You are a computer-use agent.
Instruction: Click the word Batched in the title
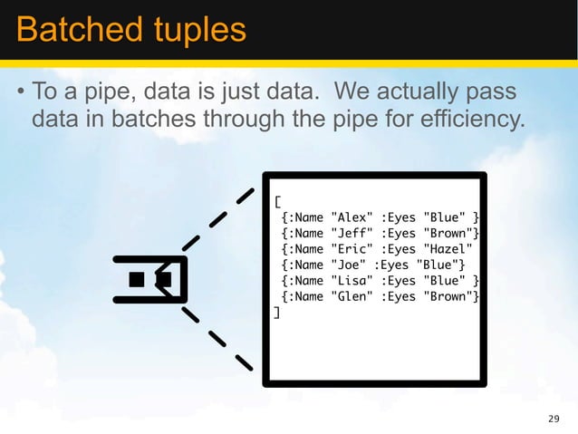68,29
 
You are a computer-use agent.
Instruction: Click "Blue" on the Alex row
444,217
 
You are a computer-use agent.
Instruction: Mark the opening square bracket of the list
277,201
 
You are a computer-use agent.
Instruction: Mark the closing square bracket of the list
277,312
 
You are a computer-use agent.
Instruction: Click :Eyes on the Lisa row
399,280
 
